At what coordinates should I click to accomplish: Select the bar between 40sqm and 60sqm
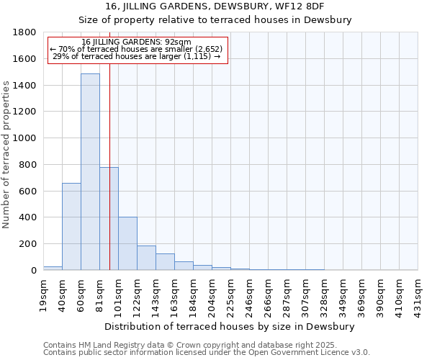pos(71,226)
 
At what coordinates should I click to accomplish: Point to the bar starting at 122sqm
pos(146,258)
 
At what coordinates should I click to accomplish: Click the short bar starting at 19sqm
pos(53,268)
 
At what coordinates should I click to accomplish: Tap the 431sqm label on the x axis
pos(418,294)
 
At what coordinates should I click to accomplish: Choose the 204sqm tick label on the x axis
pos(212,294)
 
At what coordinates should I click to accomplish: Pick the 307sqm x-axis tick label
pos(306,294)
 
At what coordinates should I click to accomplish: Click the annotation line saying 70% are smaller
pos(137,49)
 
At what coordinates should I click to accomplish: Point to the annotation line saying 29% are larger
pos(137,56)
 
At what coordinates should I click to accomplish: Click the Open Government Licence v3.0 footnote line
pos(207,353)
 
